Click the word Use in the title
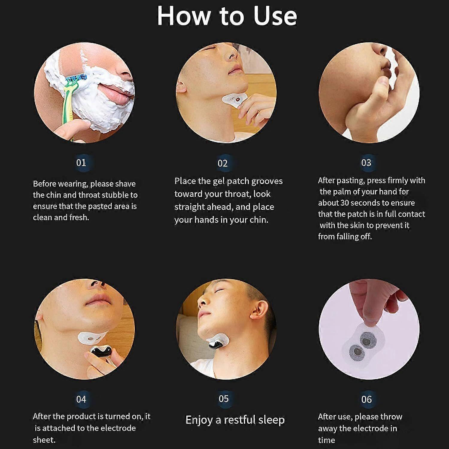coord(275,16)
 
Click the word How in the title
coord(184,16)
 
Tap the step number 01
coord(81,163)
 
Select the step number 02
coord(223,163)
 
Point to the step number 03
coord(366,163)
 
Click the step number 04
coord(81,399)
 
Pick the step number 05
coord(224,399)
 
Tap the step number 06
coord(366,399)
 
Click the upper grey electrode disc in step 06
coord(366,340)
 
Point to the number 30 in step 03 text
coord(345,203)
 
